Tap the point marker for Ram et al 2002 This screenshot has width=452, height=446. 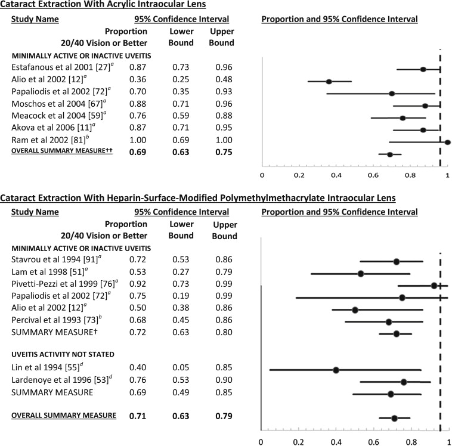coord(447,142)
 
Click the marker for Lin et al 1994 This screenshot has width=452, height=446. coord(336,370)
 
